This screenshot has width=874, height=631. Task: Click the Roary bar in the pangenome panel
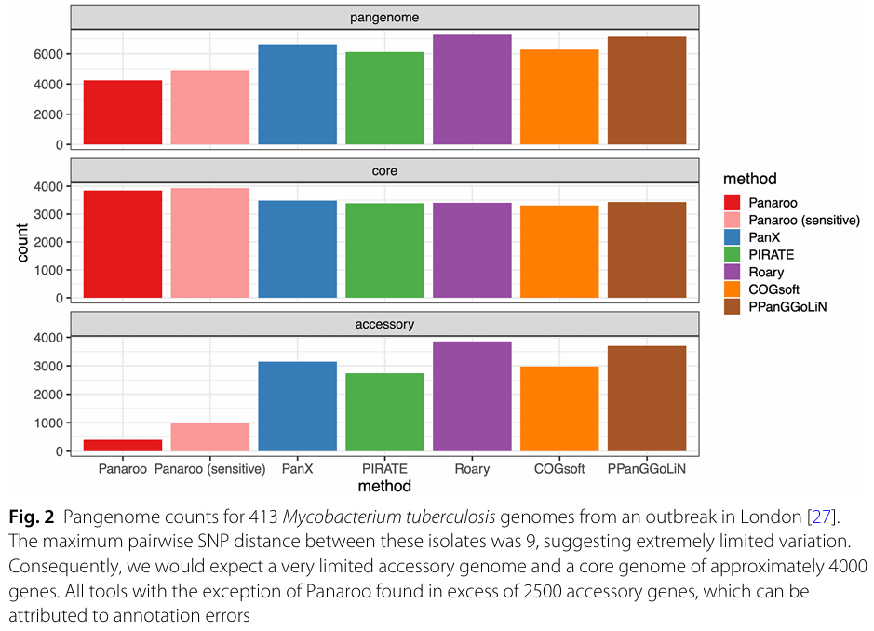point(472,90)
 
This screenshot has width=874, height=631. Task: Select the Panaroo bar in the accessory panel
point(123,446)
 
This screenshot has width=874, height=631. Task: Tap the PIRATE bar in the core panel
point(384,250)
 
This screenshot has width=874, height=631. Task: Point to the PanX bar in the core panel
point(298,249)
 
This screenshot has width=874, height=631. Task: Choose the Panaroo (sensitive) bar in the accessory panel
point(210,437)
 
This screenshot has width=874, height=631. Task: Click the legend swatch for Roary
point(732,273)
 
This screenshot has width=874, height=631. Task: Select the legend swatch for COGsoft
point(732,290)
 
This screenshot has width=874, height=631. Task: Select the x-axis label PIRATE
point(384,469)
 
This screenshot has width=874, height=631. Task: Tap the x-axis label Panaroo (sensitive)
point(210,469)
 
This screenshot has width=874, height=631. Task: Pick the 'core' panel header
point(384,171)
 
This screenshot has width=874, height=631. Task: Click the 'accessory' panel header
point(384,325)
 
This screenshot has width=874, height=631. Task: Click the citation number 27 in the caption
point(820,517)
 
